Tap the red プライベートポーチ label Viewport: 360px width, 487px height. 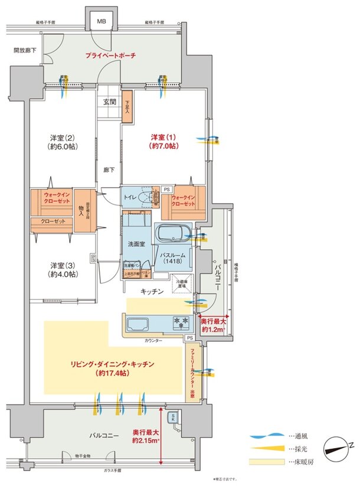[110, 55]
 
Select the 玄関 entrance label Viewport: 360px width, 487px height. [110, 102]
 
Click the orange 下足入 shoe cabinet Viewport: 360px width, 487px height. [127, 110]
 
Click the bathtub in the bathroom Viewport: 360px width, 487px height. [173, 234]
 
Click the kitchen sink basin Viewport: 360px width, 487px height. [139, 323]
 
